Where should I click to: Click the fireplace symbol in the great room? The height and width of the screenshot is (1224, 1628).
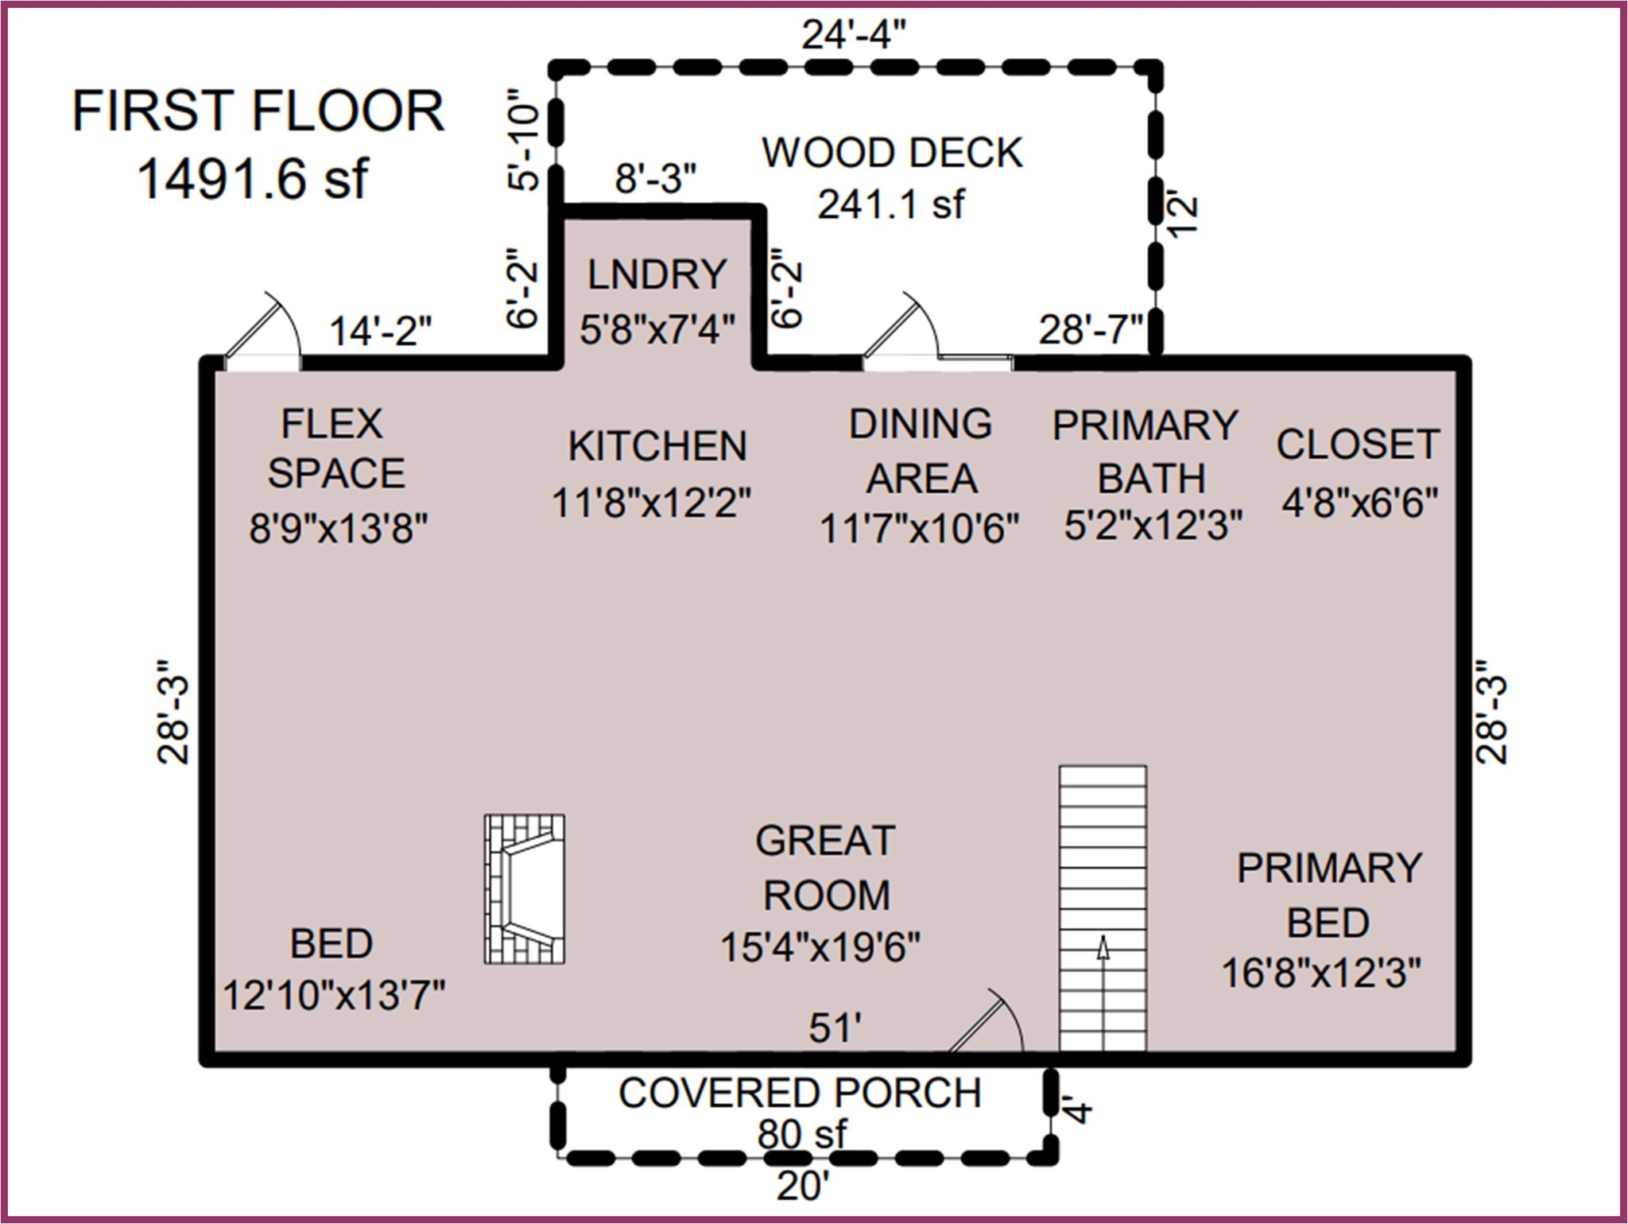[525, 888]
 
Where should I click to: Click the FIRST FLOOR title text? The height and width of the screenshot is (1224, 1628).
[258, 111]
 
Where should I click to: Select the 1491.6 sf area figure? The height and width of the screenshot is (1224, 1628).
[253, 178]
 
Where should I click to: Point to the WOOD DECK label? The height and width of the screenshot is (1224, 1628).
[892, 153]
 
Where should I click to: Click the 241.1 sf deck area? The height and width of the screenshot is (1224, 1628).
[892, 204]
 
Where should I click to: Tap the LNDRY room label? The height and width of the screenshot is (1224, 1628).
[657, 275]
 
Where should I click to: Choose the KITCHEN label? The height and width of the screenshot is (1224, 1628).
[657, 446]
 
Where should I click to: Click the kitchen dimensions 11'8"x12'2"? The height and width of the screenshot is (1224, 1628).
[652, 503]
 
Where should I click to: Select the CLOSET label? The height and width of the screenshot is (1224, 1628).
[1359, 445]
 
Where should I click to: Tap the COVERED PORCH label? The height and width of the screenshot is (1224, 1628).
[800, 1094]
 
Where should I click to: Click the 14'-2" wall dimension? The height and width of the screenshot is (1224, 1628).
[381, 331]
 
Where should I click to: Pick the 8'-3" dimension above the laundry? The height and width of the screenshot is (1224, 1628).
[656, 179]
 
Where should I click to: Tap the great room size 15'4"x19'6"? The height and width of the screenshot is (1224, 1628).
[820, 947]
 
